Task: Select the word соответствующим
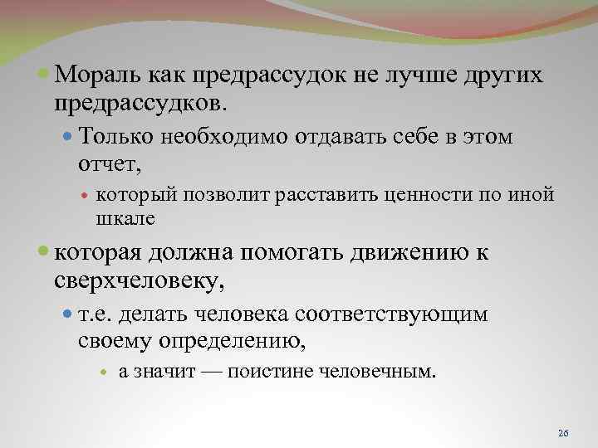[x=390, y=314]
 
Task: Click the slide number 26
[x=563, y=433]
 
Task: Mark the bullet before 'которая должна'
[x=45, y=254]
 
